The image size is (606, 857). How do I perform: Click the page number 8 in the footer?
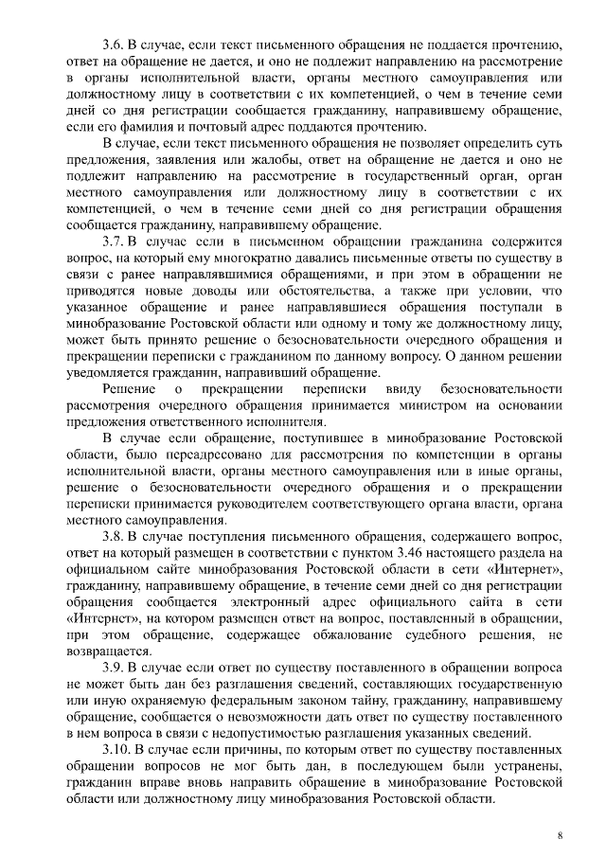(560, 835)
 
